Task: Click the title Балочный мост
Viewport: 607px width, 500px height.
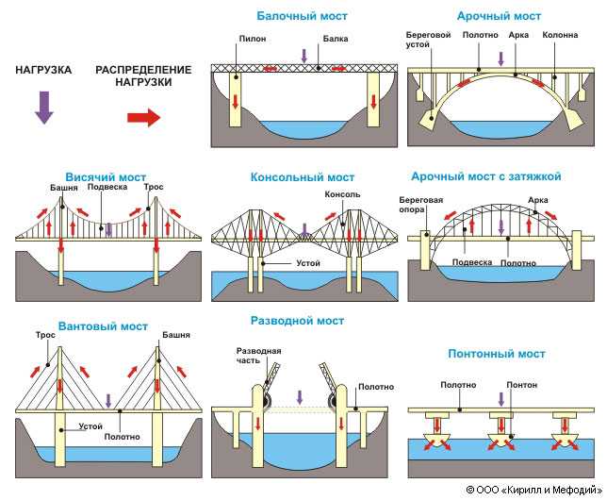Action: pyautogui.click(x=302, y=16)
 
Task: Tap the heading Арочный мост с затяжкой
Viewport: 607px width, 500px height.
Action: pyautogui.click(x=485, y=176)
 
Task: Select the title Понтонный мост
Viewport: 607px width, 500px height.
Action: pyautogui.click(x=497, y=354)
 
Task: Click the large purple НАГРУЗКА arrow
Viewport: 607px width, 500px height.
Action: pyautogui.click(x=44, y=108)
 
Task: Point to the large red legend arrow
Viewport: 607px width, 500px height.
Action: pyautogui.click(x=143, y=117)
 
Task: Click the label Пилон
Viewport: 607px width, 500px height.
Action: pyautogui.click(x=253, y=39)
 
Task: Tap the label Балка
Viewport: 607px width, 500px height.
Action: pyautogui.click(x=336, y=39)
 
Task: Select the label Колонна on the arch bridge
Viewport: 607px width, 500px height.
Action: pyautogui.click(x=560, y=35)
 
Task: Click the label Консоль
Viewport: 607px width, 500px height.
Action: pyautogui.click(x=342, y=194)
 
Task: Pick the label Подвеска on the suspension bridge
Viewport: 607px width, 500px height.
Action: pyautogui.click(x=107, y=187)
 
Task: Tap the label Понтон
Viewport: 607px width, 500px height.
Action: pyautogui.click(x=522, y=385)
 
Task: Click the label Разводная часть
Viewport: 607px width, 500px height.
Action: pyautogui.click(x=258, y=356)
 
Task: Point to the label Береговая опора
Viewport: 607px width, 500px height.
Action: pyautogui.click(x=420, y=205)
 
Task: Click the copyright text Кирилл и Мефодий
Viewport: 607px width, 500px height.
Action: pyautogui.click(x=553, y=490)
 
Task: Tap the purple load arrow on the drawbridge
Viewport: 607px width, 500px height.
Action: pyautogui.click(x=299, y=398)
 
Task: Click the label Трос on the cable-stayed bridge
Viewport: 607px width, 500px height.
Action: pyautogui.click(x=45, y=335)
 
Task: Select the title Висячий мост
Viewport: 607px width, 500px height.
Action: pyautogui.click(x=106, y=177)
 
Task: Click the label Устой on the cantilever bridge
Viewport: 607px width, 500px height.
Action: pyautogui.click(x=308, y=263)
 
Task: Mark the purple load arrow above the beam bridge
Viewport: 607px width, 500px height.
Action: pyautogui.click(x=303, y=56)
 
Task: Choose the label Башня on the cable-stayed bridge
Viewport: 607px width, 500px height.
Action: pyautogui.click(x=176, y=335)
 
